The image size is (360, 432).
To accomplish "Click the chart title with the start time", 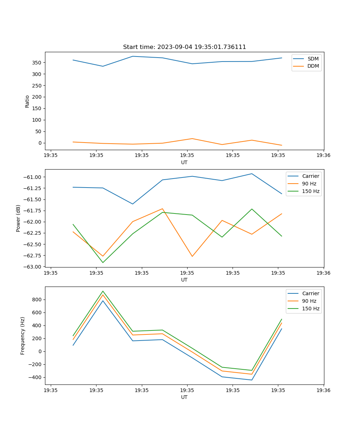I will [x=184, y=47].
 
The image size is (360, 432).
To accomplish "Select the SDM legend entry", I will [x=313, y=59].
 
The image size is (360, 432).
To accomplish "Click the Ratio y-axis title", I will [x=27, y=101].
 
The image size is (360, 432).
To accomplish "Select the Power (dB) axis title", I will [x=18, y=218].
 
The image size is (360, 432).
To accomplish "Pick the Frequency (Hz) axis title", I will [x=23, y=336].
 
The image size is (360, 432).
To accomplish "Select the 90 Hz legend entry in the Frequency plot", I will [x=309, y=301].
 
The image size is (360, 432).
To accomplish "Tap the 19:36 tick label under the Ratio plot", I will [x=324, y=156].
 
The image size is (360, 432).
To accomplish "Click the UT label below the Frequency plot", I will [x=184, y=397].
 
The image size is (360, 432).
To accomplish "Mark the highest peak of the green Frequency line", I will [x=103, y=291].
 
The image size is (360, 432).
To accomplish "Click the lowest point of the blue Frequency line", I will [x=252, y=380].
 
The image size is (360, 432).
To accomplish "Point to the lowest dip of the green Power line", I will [x=103, y=262].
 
